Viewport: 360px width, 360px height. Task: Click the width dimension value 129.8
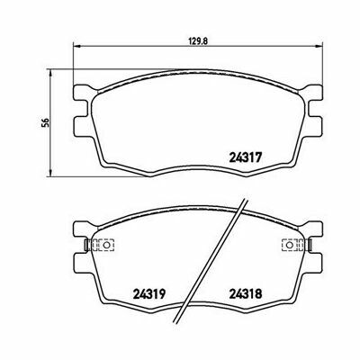click(x=198, y=40)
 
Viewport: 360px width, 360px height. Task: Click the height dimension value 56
click(x=45, y=122)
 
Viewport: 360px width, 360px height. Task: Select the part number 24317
click(x=246, y=157)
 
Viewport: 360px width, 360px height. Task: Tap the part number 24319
click(x=149, y=293)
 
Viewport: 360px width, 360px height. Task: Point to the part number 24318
click(x=246, y=293)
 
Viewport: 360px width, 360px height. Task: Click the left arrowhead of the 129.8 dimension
click(x=76, y=46)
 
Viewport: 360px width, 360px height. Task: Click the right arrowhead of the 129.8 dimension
click(x=319, y=46)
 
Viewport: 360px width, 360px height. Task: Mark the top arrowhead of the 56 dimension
click(x=50, y=73)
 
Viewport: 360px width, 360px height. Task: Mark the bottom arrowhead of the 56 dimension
click(x=50, y=173)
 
